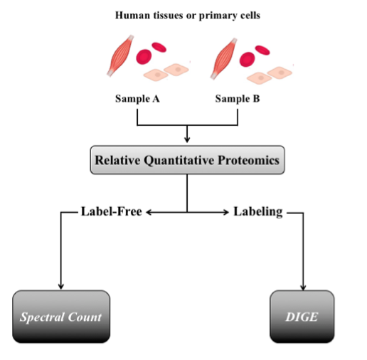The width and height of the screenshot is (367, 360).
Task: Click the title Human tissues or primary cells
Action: click(188, 16)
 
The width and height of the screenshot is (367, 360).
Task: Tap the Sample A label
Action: click(137, 99)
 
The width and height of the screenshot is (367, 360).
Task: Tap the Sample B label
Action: click(238, 99)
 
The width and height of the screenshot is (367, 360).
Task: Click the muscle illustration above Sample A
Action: click(120, 55)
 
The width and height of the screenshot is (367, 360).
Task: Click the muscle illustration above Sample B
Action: click(223, 58)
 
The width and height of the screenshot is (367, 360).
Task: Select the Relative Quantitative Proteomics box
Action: click(187, 160)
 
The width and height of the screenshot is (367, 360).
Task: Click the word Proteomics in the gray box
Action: click(248, 161)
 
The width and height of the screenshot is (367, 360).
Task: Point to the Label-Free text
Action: click(112, 211)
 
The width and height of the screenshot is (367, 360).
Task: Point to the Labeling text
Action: click(258, 212)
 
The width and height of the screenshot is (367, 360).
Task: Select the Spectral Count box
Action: click(61, 317)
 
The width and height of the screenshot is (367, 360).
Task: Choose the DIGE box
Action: click(302, 317)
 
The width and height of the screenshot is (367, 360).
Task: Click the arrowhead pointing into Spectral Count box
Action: click(61, 287)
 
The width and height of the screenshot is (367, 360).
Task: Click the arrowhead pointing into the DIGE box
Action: click(303, 287)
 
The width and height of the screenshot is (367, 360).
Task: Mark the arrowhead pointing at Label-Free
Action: click(149, 212)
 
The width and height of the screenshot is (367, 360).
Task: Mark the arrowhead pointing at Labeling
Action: click(225, 212)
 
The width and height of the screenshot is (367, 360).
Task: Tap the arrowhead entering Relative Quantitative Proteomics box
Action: click(187, 139)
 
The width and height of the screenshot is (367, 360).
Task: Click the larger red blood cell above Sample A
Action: click(144, 57)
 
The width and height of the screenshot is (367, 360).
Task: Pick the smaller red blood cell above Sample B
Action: click(262, 50)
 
